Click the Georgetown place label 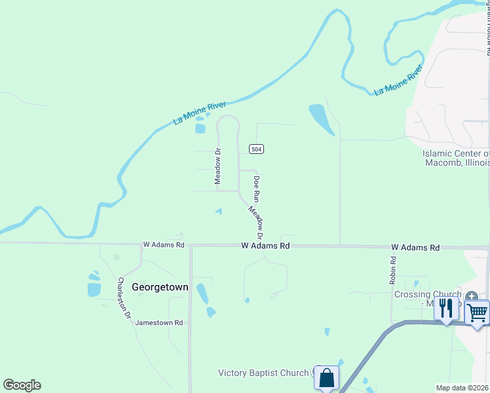[x=160, y=287]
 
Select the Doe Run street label [x=257, y=187]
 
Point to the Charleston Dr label [x=124, y=298]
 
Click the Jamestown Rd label [x=159, y=323]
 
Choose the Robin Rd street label [x=393, y=269]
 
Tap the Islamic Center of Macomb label [x=456, y=158]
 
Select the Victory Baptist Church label [x=263, y=373]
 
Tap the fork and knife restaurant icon [x=446, y=307]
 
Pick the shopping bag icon [x=326, y=378]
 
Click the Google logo [x=22, y=385]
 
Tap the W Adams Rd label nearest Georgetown [x=164, y=245]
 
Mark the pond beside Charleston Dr [x=94, y=289]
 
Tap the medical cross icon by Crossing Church [x=473, y=295]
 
